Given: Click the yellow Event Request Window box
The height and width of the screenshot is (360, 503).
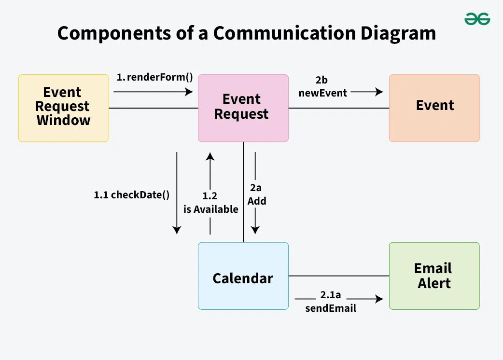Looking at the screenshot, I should click(63, 108).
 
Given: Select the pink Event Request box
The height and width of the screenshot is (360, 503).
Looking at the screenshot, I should click(243, 108).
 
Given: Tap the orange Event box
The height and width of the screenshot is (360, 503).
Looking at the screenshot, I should click(434, 108).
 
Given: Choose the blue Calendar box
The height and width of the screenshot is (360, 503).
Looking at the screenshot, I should click(243, 276).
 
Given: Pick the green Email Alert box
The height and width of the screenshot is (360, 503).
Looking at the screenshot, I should click(434, 276).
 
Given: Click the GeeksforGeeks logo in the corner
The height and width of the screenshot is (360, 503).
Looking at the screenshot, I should click(477, 19).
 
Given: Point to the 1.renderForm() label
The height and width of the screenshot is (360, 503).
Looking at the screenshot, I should click(154, 77).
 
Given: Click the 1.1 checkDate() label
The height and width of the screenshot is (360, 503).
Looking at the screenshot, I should click(132, 195).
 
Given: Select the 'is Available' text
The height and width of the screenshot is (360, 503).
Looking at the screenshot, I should click(210, 209).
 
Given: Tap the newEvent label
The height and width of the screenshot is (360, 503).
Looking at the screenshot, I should click(322, 93).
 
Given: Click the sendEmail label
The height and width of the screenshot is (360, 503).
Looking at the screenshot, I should click(331, 308).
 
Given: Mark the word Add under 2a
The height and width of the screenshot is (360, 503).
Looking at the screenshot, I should click(257, 201).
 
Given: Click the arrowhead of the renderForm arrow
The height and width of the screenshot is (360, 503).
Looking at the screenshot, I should click(189, 92).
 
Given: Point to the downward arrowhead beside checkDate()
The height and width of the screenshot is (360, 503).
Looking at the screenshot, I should click(177, 230).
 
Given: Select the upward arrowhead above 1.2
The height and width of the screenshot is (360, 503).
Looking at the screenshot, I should click(210, 156).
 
